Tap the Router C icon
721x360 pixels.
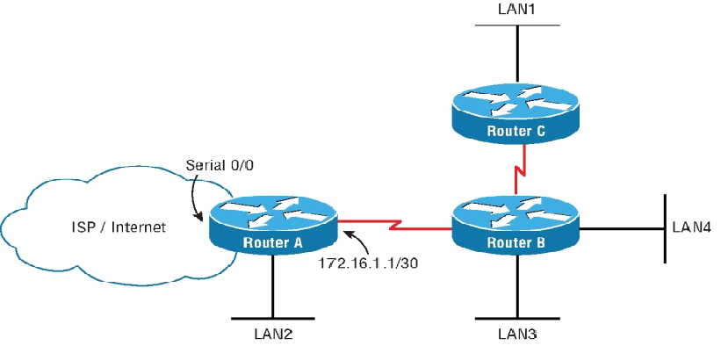[x=516, y=114]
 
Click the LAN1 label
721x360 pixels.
[x=517, y=10]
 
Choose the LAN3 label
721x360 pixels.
[x=517, y=335]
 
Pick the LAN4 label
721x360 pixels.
[x=693, y=227]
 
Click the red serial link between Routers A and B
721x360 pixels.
[x=395, y=225]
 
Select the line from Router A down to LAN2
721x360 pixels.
[x=273, y=285]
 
